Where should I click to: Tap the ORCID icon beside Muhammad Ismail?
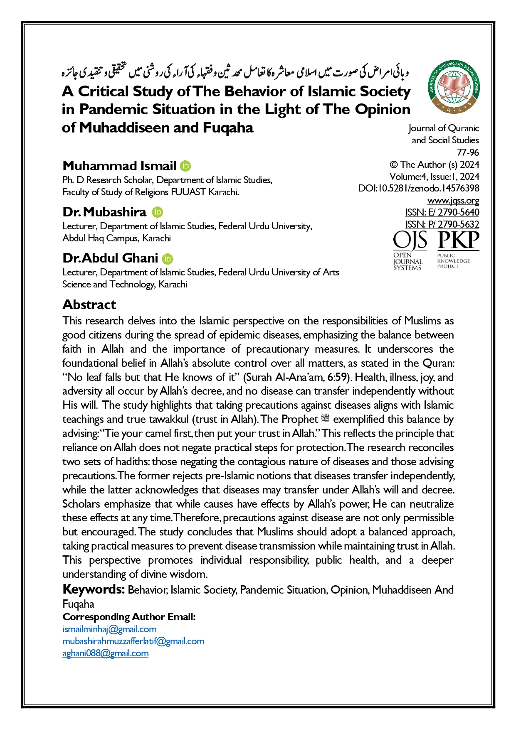[x=185, y=166]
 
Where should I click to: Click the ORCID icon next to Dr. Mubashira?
[x=157, y=212]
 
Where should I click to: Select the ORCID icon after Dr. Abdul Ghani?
[x=167, y=259]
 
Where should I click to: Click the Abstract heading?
[x=89, y=304]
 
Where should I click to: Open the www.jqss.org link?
[x=453, y=201]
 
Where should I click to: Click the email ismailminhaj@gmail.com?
[x=109, y=629]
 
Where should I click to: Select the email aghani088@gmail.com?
[x=105, y=653]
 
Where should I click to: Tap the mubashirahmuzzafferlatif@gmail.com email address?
[x=133, y=641]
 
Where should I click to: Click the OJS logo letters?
[x=410, y=241]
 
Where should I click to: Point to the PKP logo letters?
[x=458, y=241]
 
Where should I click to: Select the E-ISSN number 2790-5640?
[x=458, y=212]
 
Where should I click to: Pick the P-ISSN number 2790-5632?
[x=458, y=224]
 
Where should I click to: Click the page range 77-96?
[x=468, y=152]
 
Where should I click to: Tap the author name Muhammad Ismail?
[x=119, y=166]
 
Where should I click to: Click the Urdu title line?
[x=235, y=73]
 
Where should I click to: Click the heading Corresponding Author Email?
[x=129, y=617]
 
